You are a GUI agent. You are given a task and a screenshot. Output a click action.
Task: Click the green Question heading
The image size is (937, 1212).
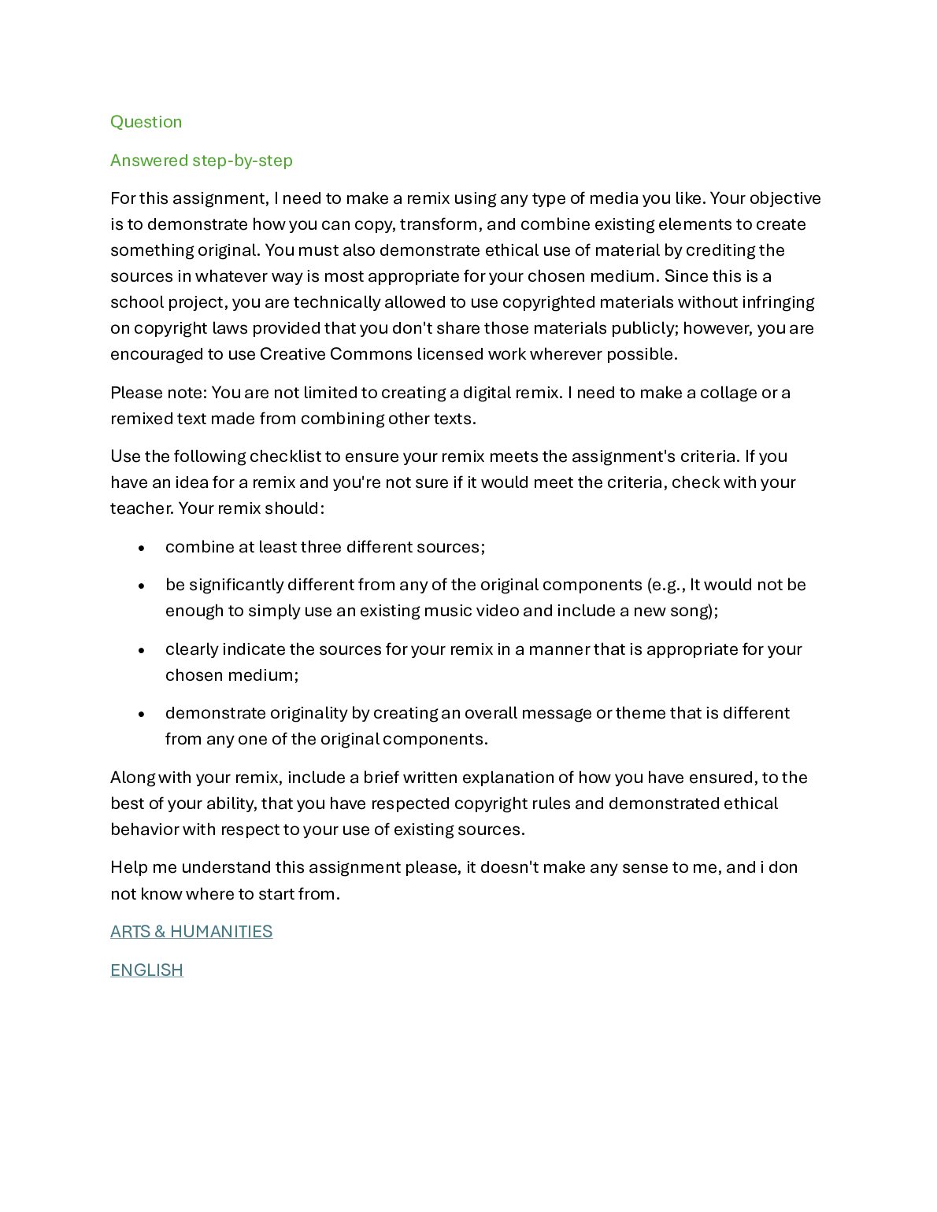(146, 122)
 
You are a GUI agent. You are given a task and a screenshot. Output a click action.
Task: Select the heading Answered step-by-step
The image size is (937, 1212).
(201, 161)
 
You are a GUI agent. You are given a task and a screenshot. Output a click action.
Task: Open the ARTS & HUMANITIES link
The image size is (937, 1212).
(191, 932)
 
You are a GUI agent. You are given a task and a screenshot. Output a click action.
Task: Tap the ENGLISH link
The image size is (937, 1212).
(146, 970)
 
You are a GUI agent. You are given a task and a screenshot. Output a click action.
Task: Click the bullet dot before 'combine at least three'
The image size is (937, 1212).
(141, 548)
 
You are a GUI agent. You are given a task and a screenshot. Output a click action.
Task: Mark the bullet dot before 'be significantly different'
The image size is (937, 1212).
(141, 586)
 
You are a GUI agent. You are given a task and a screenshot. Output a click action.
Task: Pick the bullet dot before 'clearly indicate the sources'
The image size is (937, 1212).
(141, 650)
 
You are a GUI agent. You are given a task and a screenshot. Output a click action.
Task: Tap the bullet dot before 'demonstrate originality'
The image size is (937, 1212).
(141, 714)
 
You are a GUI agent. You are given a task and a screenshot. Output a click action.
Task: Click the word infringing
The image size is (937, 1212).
(778, 302)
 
